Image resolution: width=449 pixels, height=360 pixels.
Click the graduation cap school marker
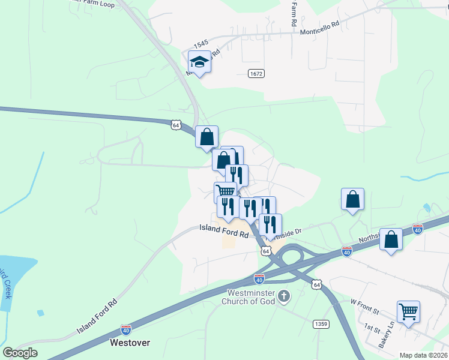[x=199, y=62]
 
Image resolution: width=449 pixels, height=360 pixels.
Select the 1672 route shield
[x=256, y=73]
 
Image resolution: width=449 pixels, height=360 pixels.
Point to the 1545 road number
[x=200, y=45]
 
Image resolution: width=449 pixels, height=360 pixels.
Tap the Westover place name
[x=130, y=343]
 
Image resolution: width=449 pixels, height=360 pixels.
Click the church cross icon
[x=285, y=296]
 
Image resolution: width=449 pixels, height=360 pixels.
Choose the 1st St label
[x=370, y=326]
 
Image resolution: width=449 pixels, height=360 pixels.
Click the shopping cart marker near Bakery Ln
[x=408, y=312]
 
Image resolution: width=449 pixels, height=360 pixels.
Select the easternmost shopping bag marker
[x=391, y=239]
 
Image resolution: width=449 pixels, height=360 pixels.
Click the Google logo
[x=20, y=352]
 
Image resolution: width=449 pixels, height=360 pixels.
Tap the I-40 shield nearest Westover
[x=126, y=329]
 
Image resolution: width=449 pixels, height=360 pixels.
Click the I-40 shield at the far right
[x=418, y=229]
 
